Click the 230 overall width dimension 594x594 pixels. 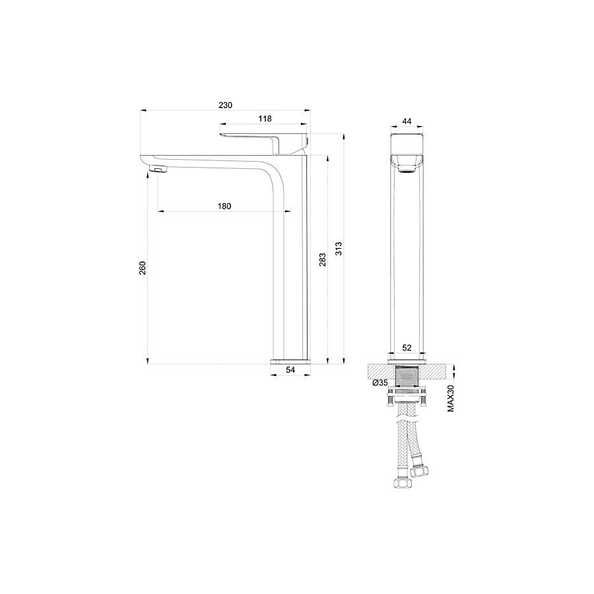[226, 106]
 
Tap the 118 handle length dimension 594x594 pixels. [265, 119]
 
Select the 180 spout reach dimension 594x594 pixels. [224, 207]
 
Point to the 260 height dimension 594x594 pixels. [143, 268]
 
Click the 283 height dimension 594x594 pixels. [322, 260]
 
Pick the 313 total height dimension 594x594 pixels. [339, 249]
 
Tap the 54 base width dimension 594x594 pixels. [290, 370]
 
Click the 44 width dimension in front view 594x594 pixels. [407, 121]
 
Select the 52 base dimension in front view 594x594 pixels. [407, 347]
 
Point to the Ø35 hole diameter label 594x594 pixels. [380, 383]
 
